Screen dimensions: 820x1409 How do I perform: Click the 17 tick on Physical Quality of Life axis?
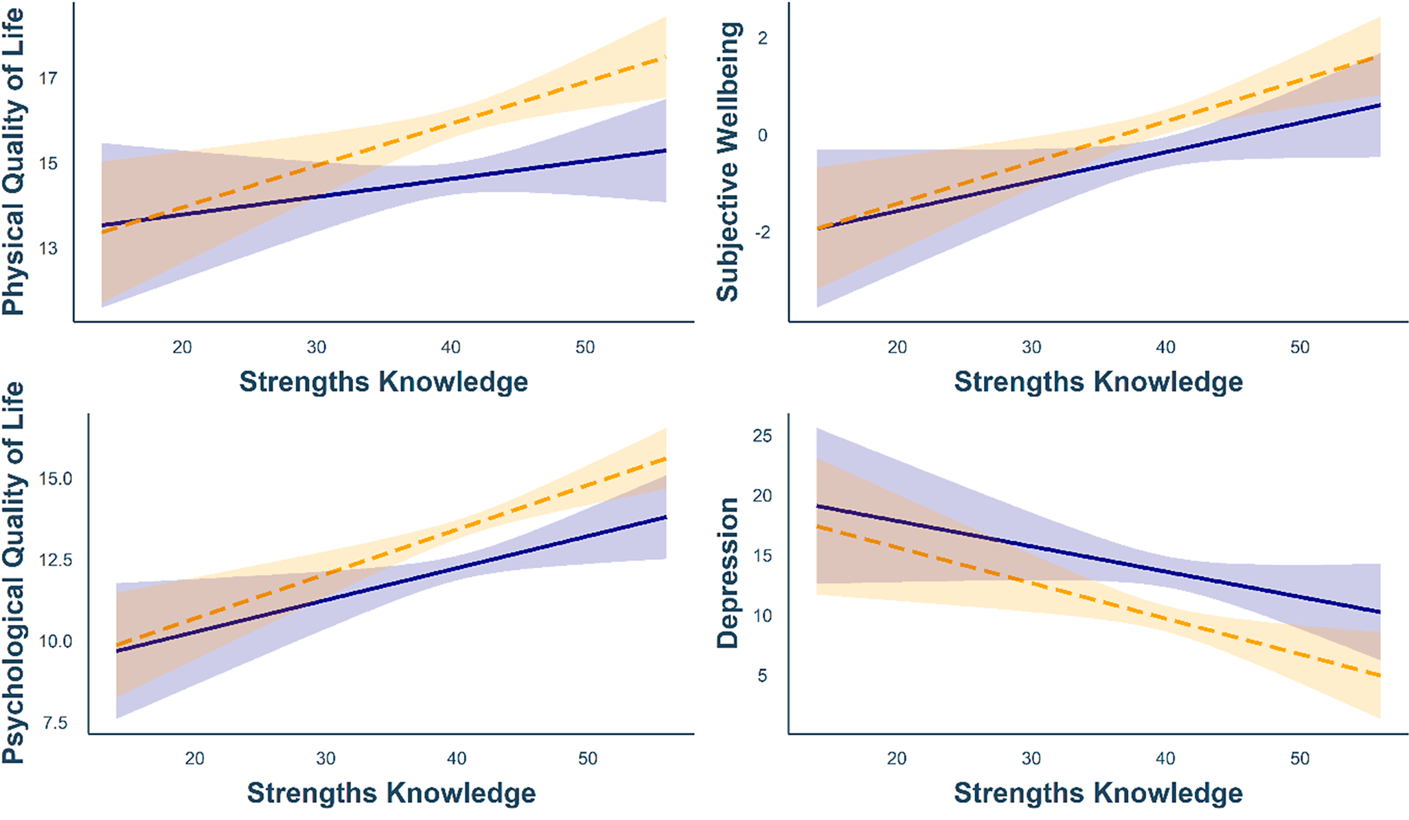[48, 78]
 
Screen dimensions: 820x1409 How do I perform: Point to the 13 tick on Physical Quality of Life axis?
[48, 249]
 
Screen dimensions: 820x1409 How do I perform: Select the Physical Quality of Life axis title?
[14, 161]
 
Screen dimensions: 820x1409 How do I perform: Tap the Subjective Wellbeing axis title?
[728, 161]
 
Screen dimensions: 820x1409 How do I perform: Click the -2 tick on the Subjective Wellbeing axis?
[762, 233]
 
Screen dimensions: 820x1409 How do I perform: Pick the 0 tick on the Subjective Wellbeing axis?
[762, 135]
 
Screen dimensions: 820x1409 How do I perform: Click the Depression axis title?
[728, 573]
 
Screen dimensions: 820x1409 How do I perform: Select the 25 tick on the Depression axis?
[762, 436]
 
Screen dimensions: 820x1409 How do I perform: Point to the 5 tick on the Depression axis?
[762, 676]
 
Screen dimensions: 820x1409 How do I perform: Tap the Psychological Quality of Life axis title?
[14, 573]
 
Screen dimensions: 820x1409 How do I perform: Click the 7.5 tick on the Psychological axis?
[54, 722]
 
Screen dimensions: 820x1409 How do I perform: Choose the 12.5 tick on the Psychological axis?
[55, 560]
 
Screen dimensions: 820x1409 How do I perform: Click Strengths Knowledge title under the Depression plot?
[1098, 793]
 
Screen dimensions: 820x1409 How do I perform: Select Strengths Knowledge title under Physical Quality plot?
[383, 381]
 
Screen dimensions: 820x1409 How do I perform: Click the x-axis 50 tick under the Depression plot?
[1299, 758]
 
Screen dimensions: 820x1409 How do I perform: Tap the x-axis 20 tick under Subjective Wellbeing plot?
[897, 347]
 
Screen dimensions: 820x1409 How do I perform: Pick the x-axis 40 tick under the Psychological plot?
[457, 758]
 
